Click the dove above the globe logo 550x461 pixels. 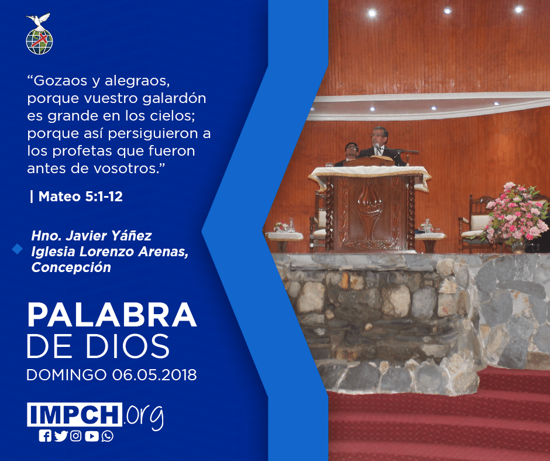(38, 20)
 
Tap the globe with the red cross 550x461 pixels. (39, 42)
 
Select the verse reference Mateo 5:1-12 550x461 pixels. (80, 197)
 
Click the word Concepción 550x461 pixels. (71, 267)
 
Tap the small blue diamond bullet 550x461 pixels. (17, 249)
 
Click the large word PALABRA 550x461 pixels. (112, 315)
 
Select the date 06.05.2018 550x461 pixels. (154, 374)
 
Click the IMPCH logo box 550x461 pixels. (74, 414)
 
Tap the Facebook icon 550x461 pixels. (45, 436)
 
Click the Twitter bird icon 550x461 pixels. (61, 436)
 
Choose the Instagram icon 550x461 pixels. (75, 436)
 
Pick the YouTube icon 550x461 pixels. (91, 436)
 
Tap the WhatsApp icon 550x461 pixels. (107, 436)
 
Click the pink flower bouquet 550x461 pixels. (514, 214)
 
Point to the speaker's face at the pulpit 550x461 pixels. (378, 137)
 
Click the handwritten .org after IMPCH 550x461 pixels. (144, 417)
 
